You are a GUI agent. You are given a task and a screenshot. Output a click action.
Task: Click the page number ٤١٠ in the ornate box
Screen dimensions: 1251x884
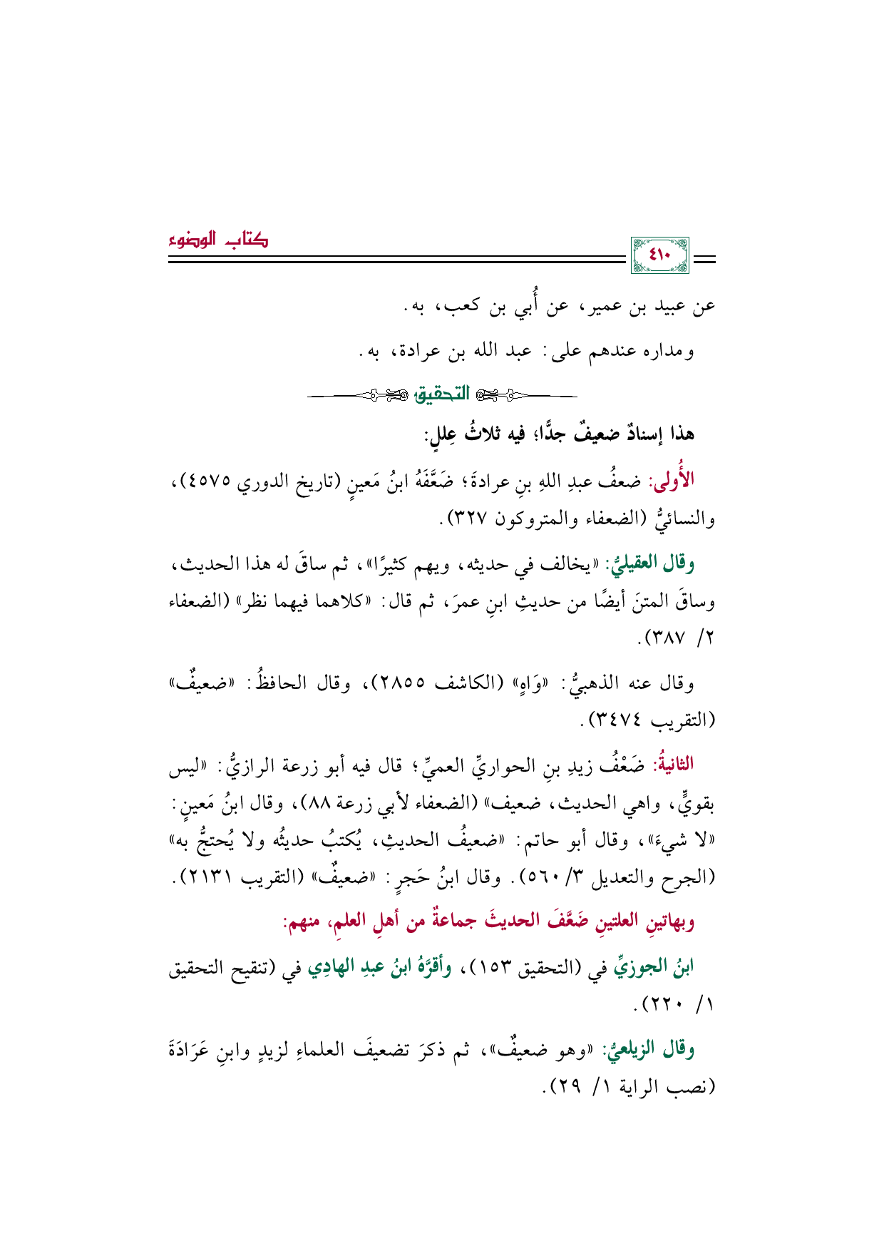coord(660,255)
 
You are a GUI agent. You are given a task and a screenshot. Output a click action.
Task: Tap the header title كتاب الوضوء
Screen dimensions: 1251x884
coord(219,240)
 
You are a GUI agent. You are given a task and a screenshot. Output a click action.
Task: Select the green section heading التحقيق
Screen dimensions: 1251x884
coord(442,393)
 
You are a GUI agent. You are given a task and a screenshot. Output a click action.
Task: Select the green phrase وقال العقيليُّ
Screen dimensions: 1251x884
coord(649,563)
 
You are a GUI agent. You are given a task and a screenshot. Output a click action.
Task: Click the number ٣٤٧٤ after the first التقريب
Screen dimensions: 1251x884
coord(617,720)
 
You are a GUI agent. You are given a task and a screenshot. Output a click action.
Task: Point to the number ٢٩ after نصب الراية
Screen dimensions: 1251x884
coord(562,1087)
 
